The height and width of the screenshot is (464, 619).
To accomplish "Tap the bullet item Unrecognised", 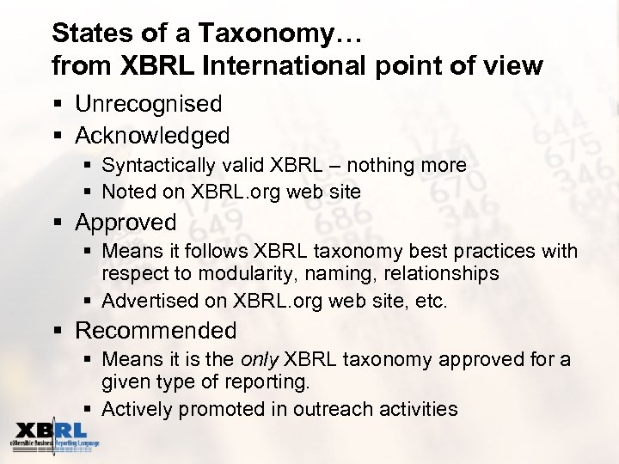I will coord(149,105).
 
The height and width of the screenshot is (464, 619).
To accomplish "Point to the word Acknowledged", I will coord(153,136).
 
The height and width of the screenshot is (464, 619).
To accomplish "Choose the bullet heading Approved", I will coord(126,223).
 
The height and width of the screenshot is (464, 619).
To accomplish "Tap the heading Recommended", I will coord(156,331).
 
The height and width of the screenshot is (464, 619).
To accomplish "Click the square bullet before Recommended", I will coord(58,332).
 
